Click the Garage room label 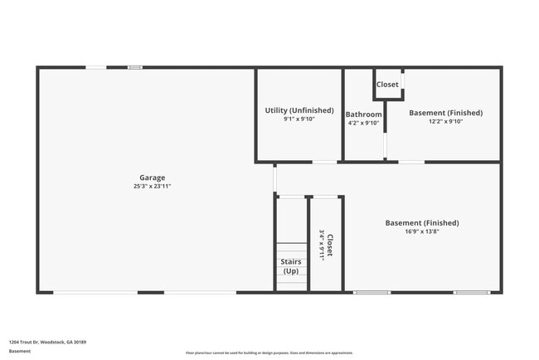point(152,178)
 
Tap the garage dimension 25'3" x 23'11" point(152,187)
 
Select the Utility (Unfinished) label point(299,110)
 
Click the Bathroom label point(363,114)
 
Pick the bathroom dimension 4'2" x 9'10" point(363,123)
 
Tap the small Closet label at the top point(387,85)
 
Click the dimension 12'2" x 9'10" point(445,121)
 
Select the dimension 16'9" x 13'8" point(422,231)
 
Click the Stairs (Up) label point(291,266)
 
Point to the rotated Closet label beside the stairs point(330,246)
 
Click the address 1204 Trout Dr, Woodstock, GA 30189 point(47,342)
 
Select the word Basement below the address point(20,351)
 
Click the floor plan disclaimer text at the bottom point(269,352)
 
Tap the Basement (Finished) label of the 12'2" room point(445,113)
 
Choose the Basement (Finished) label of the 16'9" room point(422,222)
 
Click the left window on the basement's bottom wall point(371,292)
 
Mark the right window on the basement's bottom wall point(471,292)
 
